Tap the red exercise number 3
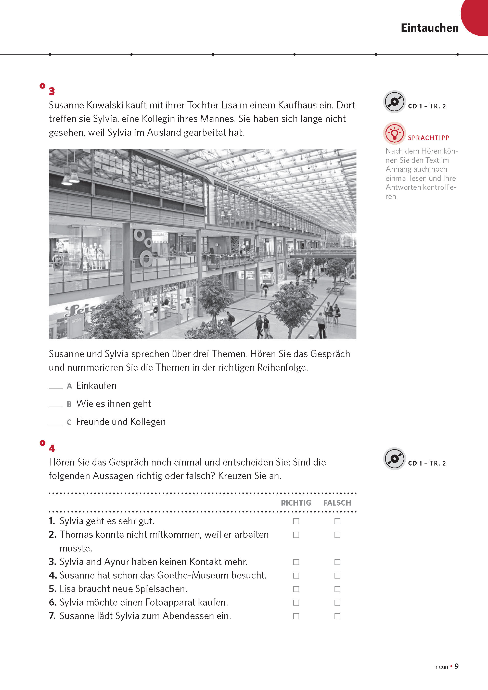[52, 91]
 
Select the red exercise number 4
[52, 448]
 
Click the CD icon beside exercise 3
[394, 102]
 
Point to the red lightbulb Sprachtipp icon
[394, 133]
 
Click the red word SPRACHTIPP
[428, 138]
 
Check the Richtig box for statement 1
[296, 521]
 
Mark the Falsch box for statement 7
[337, 616]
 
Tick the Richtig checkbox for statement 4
[296, 575]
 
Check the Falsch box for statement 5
[337, 589]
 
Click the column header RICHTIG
[296, 503]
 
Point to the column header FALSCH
[337, 503]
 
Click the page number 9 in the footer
[456, 666]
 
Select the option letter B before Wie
[69, 404]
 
